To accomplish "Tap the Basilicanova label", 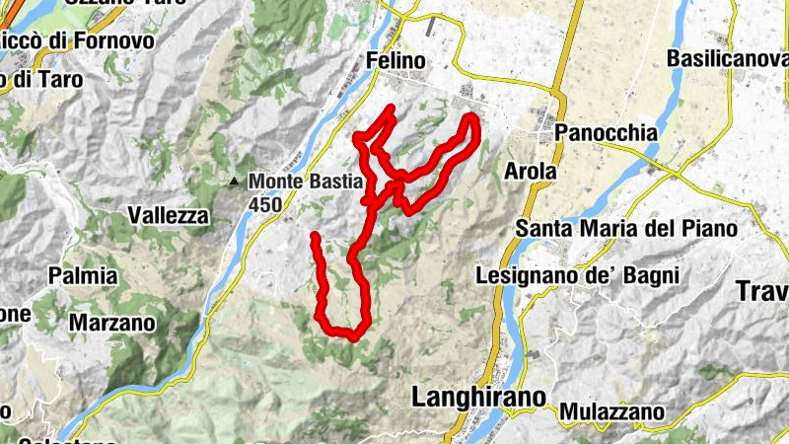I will coord(728,59).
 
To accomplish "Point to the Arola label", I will coord(531,171).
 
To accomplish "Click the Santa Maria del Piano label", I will coord(627,229).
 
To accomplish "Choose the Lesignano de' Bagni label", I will coord(578,275).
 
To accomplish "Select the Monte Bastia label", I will coord(307,182).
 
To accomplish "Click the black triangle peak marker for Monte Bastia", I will coord(234,182).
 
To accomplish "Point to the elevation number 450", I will coord(266,204).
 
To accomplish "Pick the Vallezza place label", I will coord(169,215).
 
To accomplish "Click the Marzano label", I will coord(112,322).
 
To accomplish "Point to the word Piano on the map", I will coord(709,229).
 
